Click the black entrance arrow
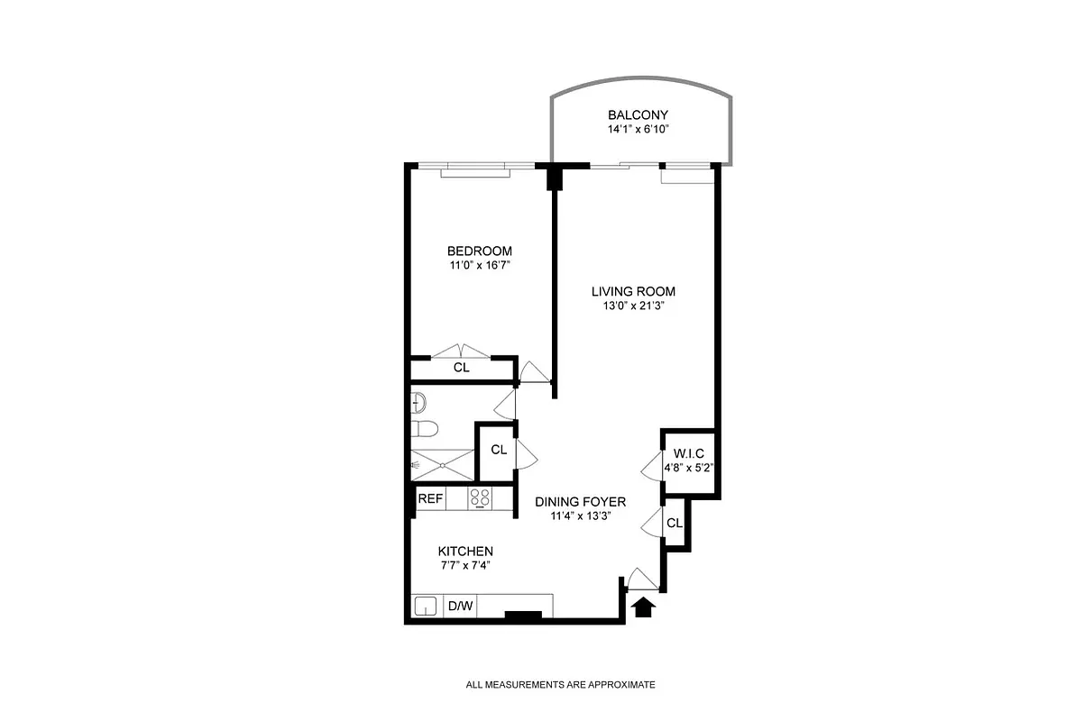(x=642, y=608)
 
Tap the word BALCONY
(x=638, y=114)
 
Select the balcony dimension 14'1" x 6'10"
(x=638, y=130)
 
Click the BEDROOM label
(x=480, y=251)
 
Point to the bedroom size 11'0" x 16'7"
(x=480, y=266)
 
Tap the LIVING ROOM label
(x=633, y=291)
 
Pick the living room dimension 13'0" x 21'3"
(x=633, y=306)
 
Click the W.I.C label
(x=689, y=452)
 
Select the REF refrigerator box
(x=429, y=498)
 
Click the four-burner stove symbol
(x=480, y=498)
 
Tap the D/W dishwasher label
(x=461, y=606)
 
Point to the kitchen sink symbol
(x=426, y=607)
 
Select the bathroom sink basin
(x=418, y=400)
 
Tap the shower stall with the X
(x=442, y=464)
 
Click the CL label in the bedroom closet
(x=461, y=368)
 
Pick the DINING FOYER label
(x=580, y=501)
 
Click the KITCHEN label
(x=465, y=552)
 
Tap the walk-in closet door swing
(x=649, y=467)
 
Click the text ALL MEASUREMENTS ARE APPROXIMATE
(x=560, y=685)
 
